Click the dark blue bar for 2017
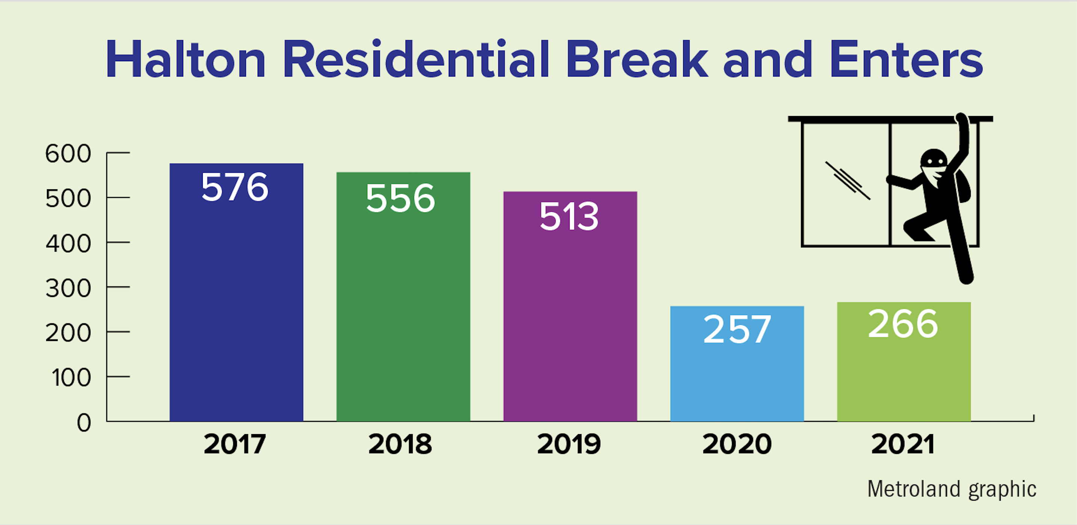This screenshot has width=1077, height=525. (x=236, y=292)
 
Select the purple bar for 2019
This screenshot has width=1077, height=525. (x=570, y=306)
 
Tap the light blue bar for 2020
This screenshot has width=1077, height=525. (x=737, y=364)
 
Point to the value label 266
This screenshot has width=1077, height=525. (x=903, y=324)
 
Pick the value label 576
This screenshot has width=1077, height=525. (x=235, y=187)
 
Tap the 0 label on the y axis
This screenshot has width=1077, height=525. (x=84, y=422)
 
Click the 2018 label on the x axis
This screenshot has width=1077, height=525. (x=400, y=444)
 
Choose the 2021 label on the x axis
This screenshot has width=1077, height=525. (x=903, y=444)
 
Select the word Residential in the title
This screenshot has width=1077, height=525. (x=416, y=59)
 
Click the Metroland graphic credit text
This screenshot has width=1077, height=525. (x=952, y=489)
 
